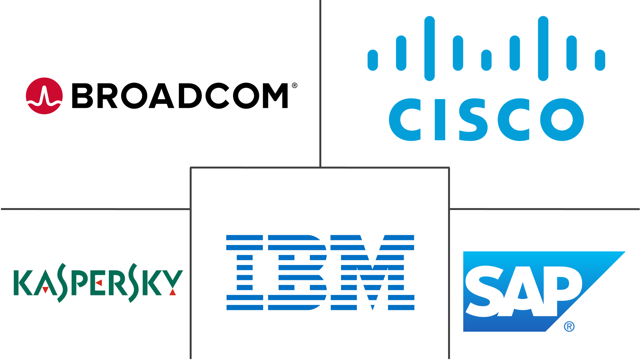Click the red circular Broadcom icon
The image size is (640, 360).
[44, 96]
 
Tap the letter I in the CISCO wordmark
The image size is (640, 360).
[439, 119]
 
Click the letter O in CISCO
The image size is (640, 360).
[562, 119]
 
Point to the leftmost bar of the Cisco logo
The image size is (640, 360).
[373, 60]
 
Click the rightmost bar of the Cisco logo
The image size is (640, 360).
[600, 60]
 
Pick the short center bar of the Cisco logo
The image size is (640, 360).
[486, 60]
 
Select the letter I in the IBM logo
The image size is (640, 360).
[245, 272]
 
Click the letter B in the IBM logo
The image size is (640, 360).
[297, 272]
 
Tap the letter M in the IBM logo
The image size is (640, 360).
[372, 272]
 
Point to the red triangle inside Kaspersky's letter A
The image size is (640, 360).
[45, 290]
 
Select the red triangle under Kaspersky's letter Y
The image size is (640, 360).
[173, 292]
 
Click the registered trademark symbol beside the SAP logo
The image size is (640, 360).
[569, 326]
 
